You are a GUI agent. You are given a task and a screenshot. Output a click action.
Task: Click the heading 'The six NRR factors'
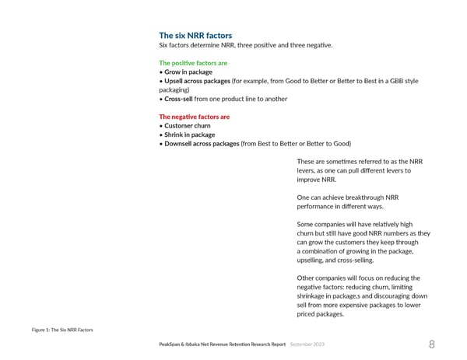pos(195,36)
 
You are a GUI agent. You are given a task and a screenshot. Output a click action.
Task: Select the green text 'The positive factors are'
pos(193,62)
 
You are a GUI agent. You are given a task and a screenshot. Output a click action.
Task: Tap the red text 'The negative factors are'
pos(194,117)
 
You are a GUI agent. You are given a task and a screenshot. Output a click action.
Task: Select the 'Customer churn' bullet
pos(188,125)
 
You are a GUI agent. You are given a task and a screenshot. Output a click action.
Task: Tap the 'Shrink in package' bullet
pos(191,135)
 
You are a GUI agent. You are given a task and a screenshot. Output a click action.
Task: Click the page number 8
pos(432,345)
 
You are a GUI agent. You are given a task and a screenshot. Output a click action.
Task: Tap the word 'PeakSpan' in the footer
pos(173,344)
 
